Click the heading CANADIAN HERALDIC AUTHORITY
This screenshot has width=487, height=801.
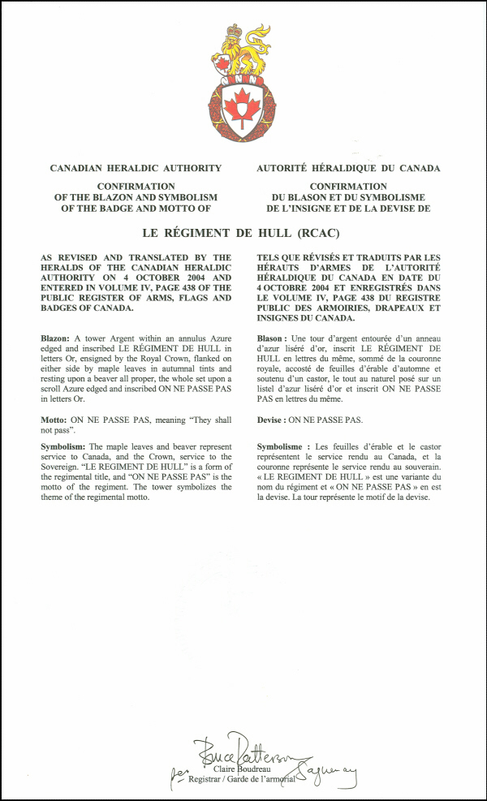click(x=136, y=168)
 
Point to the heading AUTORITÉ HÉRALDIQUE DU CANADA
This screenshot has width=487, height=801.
click(x=348, y=168)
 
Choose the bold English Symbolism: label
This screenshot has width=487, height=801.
click(x=67, y=446)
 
